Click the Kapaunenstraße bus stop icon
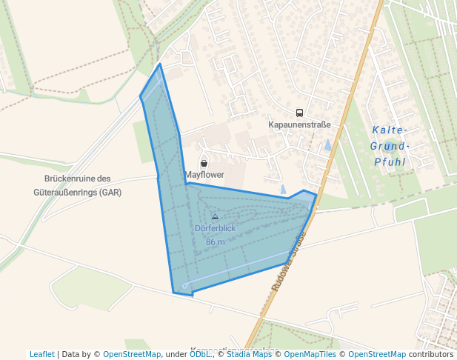click(x=299, y=113)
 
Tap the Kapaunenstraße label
click(x=299, y=124)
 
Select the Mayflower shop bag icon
click(x=204, y=162)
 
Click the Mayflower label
click(x=204, y=175)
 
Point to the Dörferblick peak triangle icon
click(x=215, y=216)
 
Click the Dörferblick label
click(x=215, y=228)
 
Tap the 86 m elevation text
click(x=215, y=242)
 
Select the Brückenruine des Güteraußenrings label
click(x=78, y=185)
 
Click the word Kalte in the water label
click(x=390, y=130)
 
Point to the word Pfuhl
click(x=390, y=161)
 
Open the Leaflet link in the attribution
click(x=42, y=354)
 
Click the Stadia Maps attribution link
click(x=249, y=354)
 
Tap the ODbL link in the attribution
click(x=200, y=354)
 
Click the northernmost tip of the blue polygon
click(x=159, y=64)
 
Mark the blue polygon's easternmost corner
click(x=316, y=196)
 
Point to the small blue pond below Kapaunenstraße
click(x=327, y=145)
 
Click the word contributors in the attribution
click(x=431, y=354)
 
